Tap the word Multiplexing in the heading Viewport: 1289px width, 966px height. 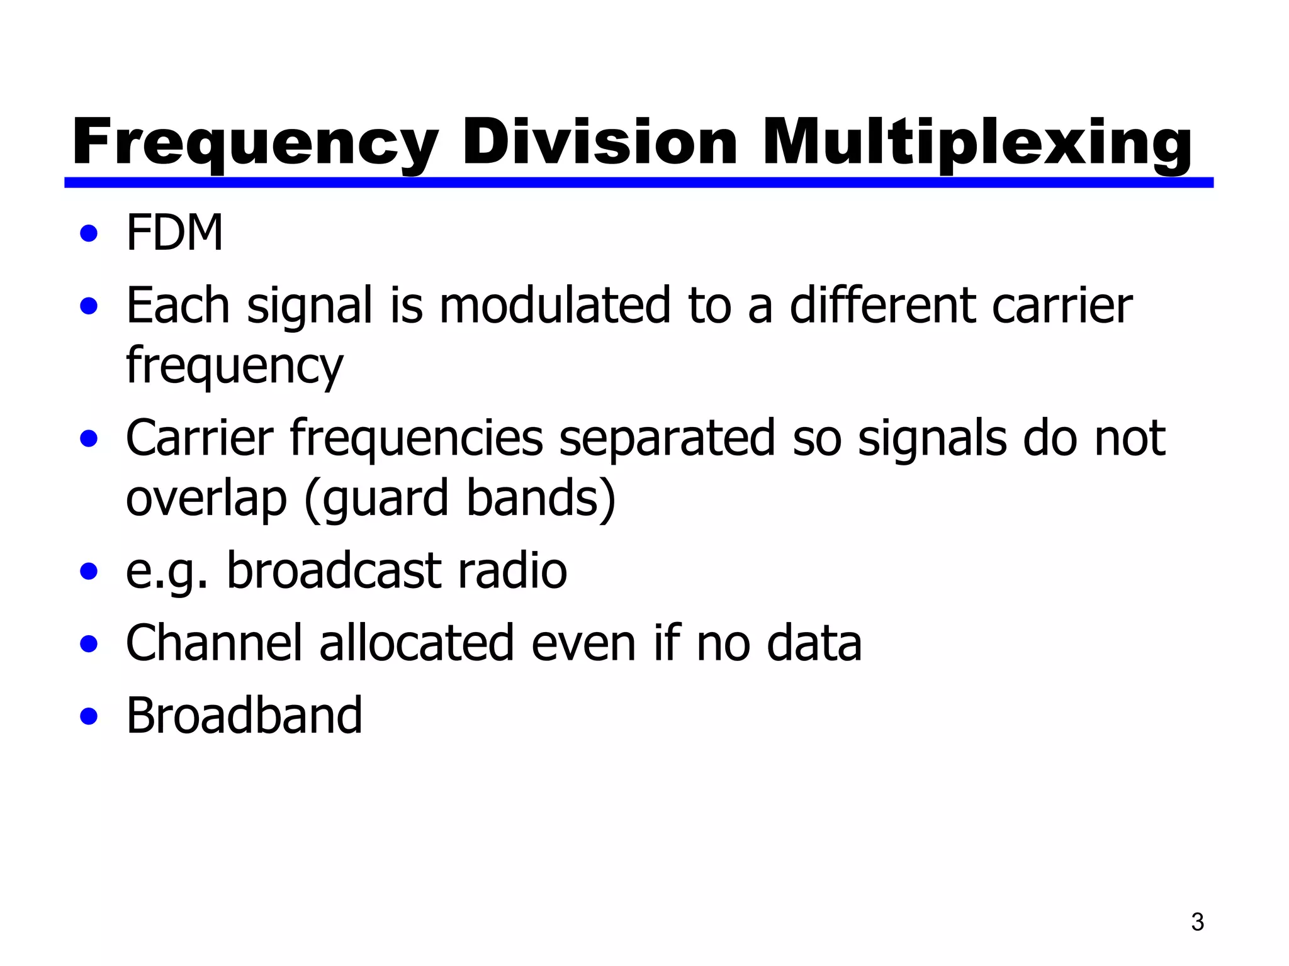pyautogui.click(x=977, y=143)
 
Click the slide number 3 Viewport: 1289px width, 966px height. pyautogui.click(x=1197, y=922)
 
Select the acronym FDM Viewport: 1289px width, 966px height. pyautogui.click(x=174, y=233)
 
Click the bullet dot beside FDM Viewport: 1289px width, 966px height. pyautogui.click(x=89, y=234)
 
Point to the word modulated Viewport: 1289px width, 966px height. pyautogui.click(x=554, y=306)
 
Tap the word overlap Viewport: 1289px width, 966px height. pyautogui.click(x=206, y=499)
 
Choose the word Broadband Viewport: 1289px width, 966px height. pyautogui.click(x=244, y=716)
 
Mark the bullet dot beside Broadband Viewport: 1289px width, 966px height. pyautogui.click(x=89, y=716)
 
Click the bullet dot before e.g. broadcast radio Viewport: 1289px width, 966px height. pyautogui.click(x=89, y=572)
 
